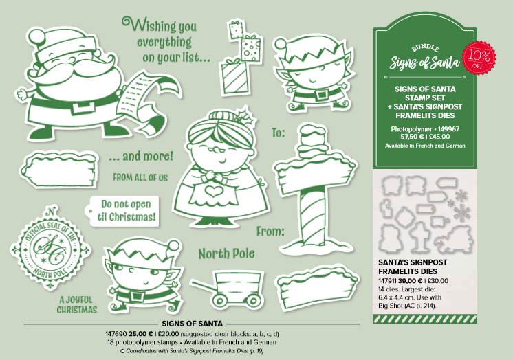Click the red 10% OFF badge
479,58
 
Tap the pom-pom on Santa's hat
38,36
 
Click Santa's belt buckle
81,108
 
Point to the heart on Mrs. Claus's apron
215,191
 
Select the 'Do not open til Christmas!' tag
122,211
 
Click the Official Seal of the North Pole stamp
50,249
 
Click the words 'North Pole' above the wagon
226,254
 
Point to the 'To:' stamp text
278,133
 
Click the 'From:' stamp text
270,232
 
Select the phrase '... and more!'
141,157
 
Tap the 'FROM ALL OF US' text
140,177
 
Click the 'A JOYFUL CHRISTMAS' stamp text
78,305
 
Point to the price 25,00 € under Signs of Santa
141,334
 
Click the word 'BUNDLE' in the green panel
425,48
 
